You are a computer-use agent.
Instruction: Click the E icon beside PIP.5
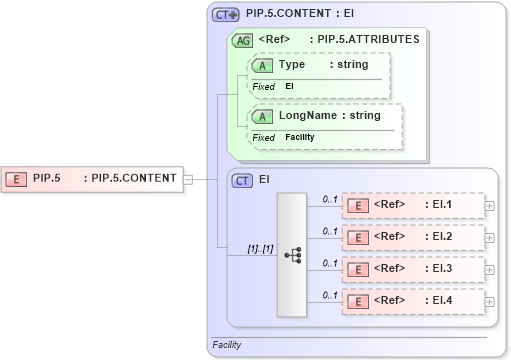[x=17, y=179]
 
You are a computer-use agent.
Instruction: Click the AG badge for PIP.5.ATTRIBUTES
[x=242, y=41]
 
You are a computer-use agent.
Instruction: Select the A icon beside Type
[x=262, y=65]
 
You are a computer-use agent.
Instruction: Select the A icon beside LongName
[x=262, y=116]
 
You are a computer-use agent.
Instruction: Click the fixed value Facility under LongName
[x=299, y=137]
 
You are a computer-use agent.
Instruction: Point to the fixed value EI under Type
[x=290, y=87]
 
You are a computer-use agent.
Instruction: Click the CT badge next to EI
[x=242, y=180]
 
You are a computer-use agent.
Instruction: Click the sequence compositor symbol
[x=292, y=254]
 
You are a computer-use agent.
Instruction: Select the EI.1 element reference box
[x=411, y=206]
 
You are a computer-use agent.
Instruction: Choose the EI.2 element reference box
[x=411, y=237]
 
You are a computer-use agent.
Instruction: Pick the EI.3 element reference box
[x=411, y=269]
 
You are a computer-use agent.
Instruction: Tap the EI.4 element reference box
[x=411, y=301]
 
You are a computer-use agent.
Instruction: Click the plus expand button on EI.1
[x=489, y=206]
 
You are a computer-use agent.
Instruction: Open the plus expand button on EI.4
[x=489, y=301]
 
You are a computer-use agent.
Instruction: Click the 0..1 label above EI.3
[x=329, y=263]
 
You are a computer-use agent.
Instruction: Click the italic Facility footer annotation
[x=227, y=345]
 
